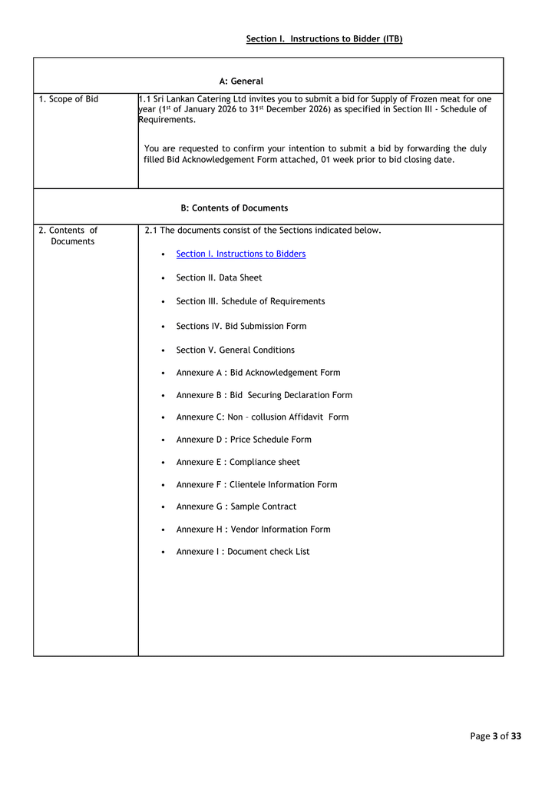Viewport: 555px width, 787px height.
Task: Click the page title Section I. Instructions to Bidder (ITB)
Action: (x=324, y=38)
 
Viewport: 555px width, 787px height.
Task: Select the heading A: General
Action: (x=241, y=81)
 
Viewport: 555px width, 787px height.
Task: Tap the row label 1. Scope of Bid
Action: (x=68, y=99)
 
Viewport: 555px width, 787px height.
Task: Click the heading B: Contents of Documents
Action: (x=234, y=208)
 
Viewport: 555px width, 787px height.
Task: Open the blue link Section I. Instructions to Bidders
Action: (x=240, y=254)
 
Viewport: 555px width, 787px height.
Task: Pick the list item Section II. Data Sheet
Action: (x=219, y=277)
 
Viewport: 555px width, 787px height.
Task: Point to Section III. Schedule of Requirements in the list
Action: (x=250, y=301)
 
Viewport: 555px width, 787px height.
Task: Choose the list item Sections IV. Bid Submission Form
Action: (x=241, y=326)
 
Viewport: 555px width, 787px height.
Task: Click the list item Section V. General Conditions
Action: (x=235, y=350)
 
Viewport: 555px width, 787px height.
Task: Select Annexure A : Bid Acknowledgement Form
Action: (x=258, y=373)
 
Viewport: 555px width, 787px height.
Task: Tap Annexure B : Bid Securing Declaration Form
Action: (x=264, y=395)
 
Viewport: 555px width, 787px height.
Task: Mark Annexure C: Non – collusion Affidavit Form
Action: (x=262, y=417)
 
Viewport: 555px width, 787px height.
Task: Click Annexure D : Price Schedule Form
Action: (x=243, y=440)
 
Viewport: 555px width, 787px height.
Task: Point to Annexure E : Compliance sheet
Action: (x=238, y=462)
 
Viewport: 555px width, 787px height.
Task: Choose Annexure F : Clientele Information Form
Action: (x=256, y=485)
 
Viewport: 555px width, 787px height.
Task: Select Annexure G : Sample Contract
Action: (x=236, y=506)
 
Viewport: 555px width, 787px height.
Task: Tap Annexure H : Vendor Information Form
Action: (x=253, y=530)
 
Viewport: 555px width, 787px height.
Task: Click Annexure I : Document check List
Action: (x=243, y=552)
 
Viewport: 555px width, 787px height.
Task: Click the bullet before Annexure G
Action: (x=164, y=507)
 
